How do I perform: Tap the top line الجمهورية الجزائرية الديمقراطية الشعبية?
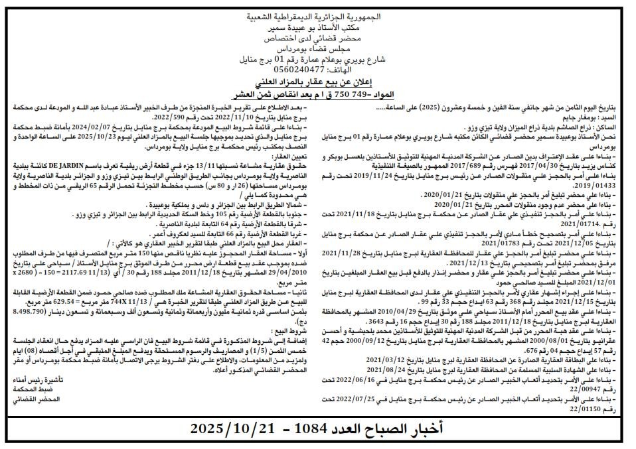pyautogui.click(x=318, y=15)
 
